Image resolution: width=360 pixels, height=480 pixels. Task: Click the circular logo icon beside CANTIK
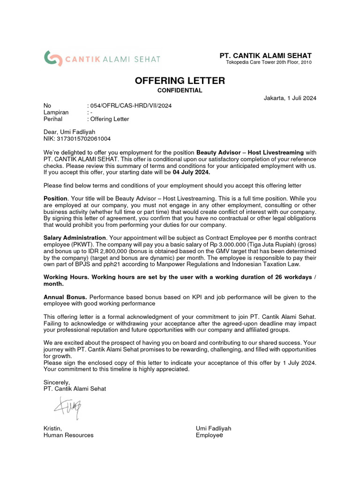tap(53, 59)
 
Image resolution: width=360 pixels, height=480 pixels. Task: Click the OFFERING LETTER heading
tap(180, 81)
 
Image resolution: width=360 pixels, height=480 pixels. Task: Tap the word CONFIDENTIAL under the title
tap(180, 90)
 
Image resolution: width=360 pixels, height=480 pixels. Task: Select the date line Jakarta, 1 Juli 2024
tap(290, 98)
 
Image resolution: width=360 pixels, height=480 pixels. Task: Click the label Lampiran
tap(56, 112)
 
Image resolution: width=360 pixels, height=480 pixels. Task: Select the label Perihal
tap(53, 119)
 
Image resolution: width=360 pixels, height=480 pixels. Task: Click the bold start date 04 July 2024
tap(192, 172)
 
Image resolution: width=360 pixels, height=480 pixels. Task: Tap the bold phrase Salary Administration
tap(75, 238)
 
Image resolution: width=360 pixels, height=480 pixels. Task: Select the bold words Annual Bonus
tap(65, 297)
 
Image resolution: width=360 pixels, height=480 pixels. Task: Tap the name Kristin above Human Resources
tap(52, 428)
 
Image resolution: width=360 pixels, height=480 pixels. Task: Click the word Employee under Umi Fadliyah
tap(210, 435)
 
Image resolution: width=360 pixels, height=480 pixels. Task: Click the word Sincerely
tap(56, 382)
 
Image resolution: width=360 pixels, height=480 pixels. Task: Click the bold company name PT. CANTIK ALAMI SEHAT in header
tap(266, 56)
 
